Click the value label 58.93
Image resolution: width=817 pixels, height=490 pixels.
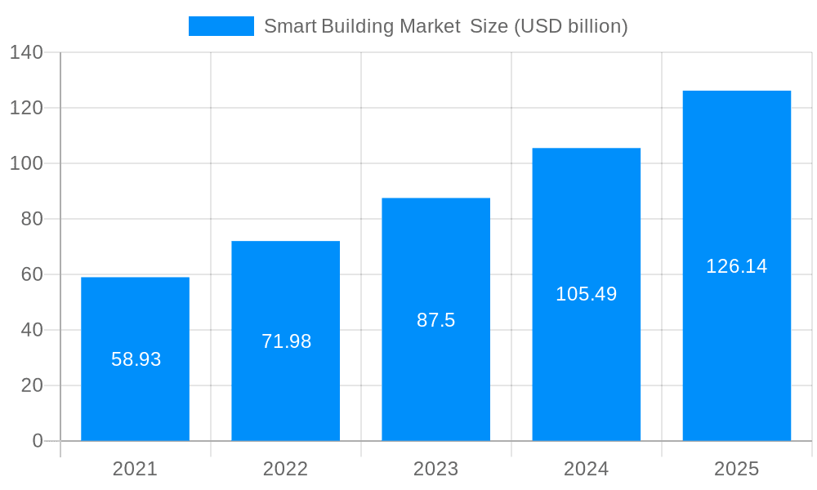(136, 359)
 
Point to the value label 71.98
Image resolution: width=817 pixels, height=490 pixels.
(286, 341)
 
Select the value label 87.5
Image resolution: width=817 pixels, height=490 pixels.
(435, 320)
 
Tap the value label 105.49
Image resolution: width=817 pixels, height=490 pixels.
(586, 294)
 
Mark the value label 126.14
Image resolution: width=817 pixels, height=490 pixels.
(736, 266)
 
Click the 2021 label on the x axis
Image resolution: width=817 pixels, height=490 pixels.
(135, 469)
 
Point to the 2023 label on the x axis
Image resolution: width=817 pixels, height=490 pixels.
(435, 469)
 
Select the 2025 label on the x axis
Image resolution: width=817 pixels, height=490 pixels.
(736, 469)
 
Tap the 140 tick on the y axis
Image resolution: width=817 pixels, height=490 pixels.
(26, 52)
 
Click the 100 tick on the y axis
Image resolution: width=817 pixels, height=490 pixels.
(26, 163)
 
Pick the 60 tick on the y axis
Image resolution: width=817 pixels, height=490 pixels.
(32, 274)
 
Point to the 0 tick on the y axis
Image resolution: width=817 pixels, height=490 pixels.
(38, 441)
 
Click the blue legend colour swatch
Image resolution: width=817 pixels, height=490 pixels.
(221, 26)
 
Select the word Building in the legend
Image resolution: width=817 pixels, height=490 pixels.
(357, 26)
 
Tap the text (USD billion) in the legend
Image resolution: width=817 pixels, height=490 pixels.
(570, 26)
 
